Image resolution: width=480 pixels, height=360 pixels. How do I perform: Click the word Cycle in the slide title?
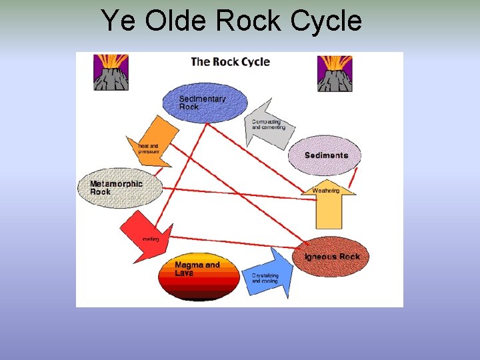click(326, 21)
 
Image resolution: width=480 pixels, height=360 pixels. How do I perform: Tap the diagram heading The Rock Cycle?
click(230, 62)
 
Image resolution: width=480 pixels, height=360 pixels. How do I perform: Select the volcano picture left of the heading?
click(111, 72)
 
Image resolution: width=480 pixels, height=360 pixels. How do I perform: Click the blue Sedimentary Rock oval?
click(205, 103)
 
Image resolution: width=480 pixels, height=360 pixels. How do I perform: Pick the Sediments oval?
click(326, 155)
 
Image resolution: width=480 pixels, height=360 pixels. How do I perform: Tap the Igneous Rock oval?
click(331, 257)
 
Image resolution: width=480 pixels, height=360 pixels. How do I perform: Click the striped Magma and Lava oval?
click(198, 275)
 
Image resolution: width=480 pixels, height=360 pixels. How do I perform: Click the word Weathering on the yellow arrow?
click(326, 191)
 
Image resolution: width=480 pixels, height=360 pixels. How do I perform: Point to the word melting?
click(151, 239)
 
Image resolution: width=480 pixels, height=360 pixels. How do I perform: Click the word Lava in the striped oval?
click(183, 273)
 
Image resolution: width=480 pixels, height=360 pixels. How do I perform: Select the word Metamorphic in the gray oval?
click(116, 183)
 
